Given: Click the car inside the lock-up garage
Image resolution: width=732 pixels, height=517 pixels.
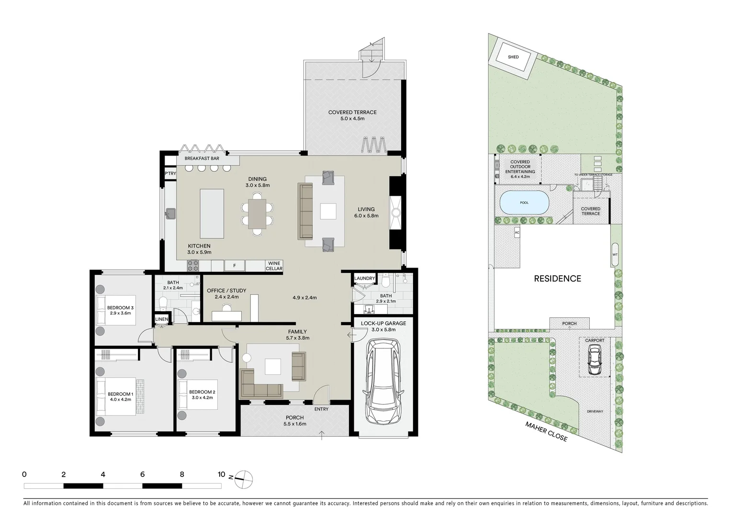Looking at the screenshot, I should (383, 382).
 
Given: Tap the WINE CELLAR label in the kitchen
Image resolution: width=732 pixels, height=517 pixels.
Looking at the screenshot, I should (274, 266).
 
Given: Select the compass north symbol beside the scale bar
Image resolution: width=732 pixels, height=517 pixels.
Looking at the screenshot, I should (244, 478).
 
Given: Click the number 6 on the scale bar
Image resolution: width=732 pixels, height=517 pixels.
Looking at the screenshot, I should (143, 475).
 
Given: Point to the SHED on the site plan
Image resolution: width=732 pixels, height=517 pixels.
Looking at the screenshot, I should (513, 57).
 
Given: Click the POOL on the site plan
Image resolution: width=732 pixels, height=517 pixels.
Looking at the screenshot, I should (524, 203).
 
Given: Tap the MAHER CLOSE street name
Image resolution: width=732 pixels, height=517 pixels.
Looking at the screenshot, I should (546, 431).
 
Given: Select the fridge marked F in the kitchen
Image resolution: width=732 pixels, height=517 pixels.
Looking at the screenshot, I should (235, 266).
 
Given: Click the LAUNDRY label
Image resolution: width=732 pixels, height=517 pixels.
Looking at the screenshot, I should (364, 279).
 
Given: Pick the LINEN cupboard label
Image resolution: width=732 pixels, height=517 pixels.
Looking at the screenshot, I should (161, 319).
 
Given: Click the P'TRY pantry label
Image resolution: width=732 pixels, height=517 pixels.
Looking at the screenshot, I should (170, 174).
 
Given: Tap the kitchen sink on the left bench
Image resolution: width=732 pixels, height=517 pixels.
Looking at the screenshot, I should (171, 214).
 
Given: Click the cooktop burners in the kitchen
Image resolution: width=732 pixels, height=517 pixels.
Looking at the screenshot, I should (193, 265).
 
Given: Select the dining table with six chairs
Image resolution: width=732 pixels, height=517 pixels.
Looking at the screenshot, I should (258, 214).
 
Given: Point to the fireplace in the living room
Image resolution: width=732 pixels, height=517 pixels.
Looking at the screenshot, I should (396, 213).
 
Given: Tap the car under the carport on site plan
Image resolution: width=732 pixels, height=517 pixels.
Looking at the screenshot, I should (594, 360).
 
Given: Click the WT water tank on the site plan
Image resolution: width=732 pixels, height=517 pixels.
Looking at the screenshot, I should (615, 254).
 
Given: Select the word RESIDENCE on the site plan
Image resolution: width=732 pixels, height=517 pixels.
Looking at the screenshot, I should (557, 279).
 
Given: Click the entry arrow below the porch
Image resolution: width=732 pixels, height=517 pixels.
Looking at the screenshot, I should (322, 435).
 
